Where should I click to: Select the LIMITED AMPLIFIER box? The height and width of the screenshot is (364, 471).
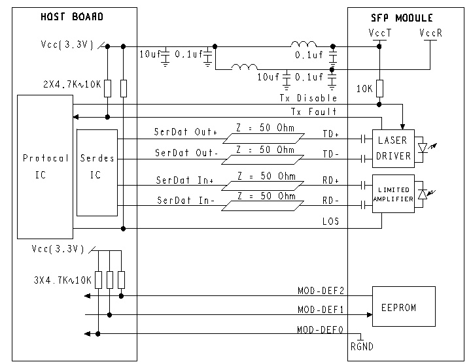click(x=393, y=193)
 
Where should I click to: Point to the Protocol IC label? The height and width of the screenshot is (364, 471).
click(x=45, y=167)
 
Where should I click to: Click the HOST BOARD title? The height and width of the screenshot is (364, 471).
click(x=71, y=17)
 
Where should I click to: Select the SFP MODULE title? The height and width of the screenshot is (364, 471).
click(x=406, y=18)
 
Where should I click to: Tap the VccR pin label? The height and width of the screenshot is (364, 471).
click(x=430, y=31)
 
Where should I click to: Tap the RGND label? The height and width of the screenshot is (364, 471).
click(x=364, y=346)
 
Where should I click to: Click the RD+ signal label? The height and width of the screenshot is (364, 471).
click(x=330, y=180)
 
